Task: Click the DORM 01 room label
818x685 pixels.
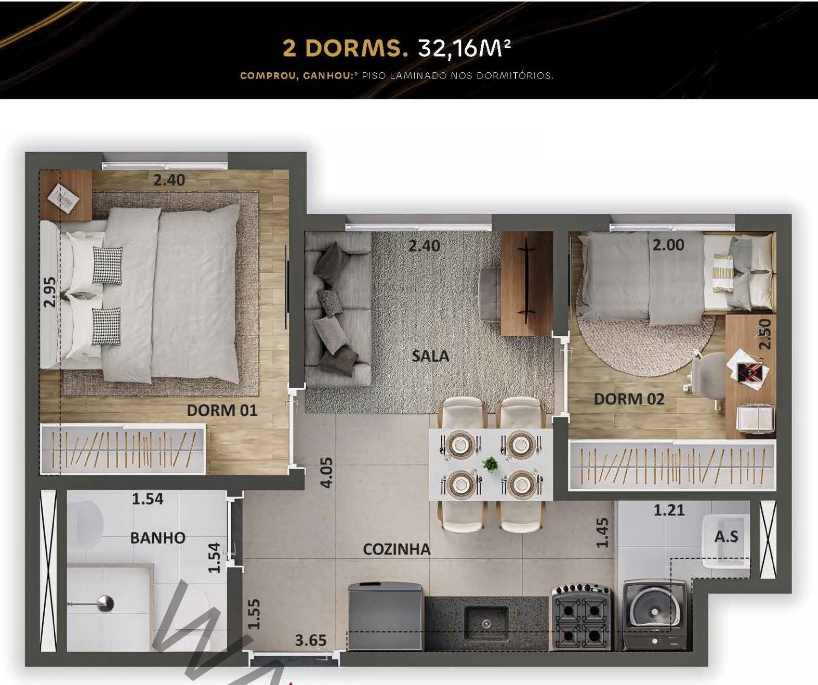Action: (222, 410)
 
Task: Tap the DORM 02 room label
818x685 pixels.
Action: (629, 399)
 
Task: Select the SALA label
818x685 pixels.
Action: (430, 356)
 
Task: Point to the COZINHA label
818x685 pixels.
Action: (397, 549)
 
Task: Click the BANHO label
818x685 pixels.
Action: (157, 537)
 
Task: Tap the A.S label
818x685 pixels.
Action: (726, 536)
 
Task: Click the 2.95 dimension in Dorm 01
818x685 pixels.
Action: (50, 292)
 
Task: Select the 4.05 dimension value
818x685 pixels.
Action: (326, 472)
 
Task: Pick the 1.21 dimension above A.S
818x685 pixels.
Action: (669, 510)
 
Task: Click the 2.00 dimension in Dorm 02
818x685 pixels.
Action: (668, 245)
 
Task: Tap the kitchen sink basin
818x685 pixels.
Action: (486, 623)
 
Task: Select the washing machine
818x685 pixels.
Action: (654, 616)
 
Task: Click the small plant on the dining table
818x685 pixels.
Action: (490, 465)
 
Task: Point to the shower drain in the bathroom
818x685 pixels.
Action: (105, 603)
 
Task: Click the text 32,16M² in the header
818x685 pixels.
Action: (464, 49)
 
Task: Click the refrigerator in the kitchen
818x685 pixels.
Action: (385, 616)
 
